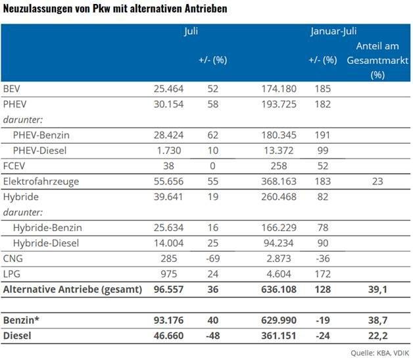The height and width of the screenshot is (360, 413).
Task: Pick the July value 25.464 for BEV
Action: coord(167,88)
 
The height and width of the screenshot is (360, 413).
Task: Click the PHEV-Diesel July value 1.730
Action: coord(171,150)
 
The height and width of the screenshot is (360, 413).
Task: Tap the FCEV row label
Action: coord(14,165)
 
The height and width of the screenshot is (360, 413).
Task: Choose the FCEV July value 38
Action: coord(177,165)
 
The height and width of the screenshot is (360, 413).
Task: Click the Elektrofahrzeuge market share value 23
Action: coord(377,181)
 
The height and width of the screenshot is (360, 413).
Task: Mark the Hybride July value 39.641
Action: coord(167,196)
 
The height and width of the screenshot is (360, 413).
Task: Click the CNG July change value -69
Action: coord(212,258)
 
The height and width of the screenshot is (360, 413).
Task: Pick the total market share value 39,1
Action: coord(377,289)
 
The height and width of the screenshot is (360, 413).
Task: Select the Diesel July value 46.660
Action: coord(167,336)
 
